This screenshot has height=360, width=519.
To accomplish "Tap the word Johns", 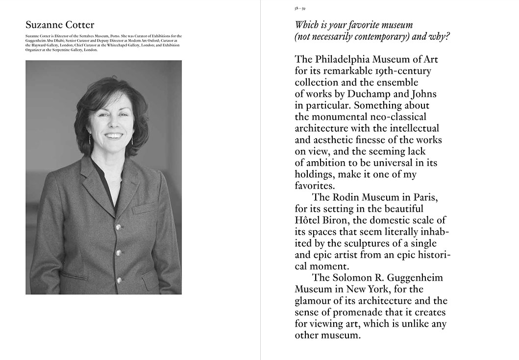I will [421, 94].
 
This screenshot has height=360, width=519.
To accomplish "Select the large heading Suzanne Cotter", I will [60, 25].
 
